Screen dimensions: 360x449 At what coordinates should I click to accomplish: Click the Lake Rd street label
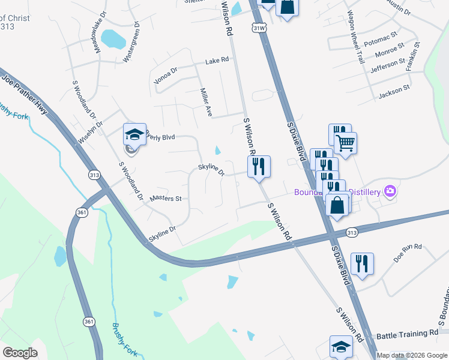click(x=217, y=61)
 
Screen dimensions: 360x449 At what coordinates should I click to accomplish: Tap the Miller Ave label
click(x=206, y=103)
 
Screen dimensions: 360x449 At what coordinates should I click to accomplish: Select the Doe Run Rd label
click(x=408, y=251)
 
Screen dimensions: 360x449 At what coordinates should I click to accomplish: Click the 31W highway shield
click(x=259, y=28)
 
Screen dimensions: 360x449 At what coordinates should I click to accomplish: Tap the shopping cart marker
click(x=345, y=143)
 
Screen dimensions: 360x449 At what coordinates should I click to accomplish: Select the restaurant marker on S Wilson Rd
click(x=259, y=166)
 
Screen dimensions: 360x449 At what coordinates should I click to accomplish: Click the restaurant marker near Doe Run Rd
click(x=362, y=263)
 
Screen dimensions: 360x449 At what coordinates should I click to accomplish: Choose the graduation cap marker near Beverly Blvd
click(x=134, y=134)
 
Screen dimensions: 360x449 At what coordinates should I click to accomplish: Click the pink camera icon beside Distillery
click(x=391, y=191)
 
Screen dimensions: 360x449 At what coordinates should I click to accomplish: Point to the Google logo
click(x=20, y=352)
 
